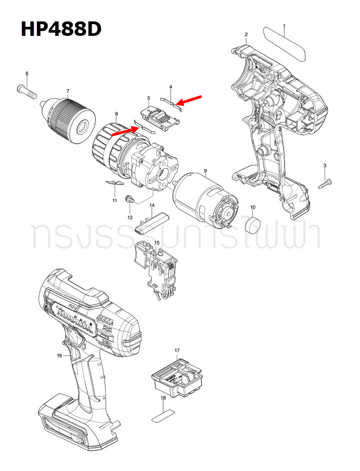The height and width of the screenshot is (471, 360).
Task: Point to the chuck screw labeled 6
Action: click(28, 90)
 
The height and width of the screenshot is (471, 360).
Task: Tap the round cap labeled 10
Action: click(252, 224)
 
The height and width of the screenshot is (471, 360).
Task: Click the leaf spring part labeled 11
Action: click(112, 183)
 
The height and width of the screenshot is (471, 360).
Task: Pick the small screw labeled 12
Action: click(129, 199)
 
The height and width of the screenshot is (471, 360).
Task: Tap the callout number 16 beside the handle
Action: click(59, 355)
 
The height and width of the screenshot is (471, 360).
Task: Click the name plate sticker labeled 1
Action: click(284, 44)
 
